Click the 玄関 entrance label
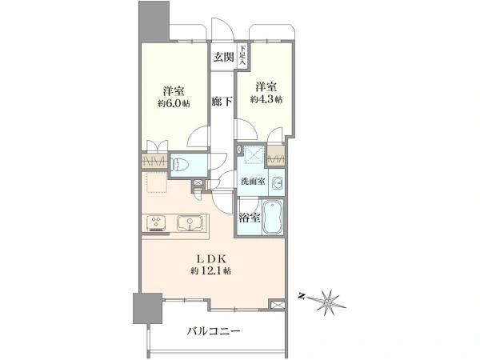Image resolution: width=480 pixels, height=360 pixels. [223, 57]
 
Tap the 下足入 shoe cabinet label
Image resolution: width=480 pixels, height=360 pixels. [242, 55]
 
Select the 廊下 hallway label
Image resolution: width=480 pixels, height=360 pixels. [222, 102]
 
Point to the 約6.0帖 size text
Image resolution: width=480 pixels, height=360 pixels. [174, 103]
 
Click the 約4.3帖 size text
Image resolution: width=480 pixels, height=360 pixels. [266, 99]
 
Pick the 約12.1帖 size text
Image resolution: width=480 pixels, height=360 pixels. [211, 270]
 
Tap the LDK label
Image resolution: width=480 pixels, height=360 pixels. [211, 259]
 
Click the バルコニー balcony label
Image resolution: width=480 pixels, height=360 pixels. [214, 331]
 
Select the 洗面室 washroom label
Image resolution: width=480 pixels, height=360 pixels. [253, 182]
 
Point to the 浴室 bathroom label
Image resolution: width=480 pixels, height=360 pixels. [250, 218]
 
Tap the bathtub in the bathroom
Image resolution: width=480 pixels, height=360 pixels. [273, 218]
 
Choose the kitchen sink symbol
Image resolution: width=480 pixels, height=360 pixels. [190, 223]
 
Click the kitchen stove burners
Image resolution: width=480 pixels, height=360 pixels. [156, 223]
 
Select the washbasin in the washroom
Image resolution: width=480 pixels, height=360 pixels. [278, 182]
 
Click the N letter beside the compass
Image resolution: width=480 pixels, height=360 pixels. [302, 296]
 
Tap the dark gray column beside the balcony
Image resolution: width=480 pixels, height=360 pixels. [147, 308]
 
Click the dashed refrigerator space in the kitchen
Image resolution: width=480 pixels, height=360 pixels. [157, 182]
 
